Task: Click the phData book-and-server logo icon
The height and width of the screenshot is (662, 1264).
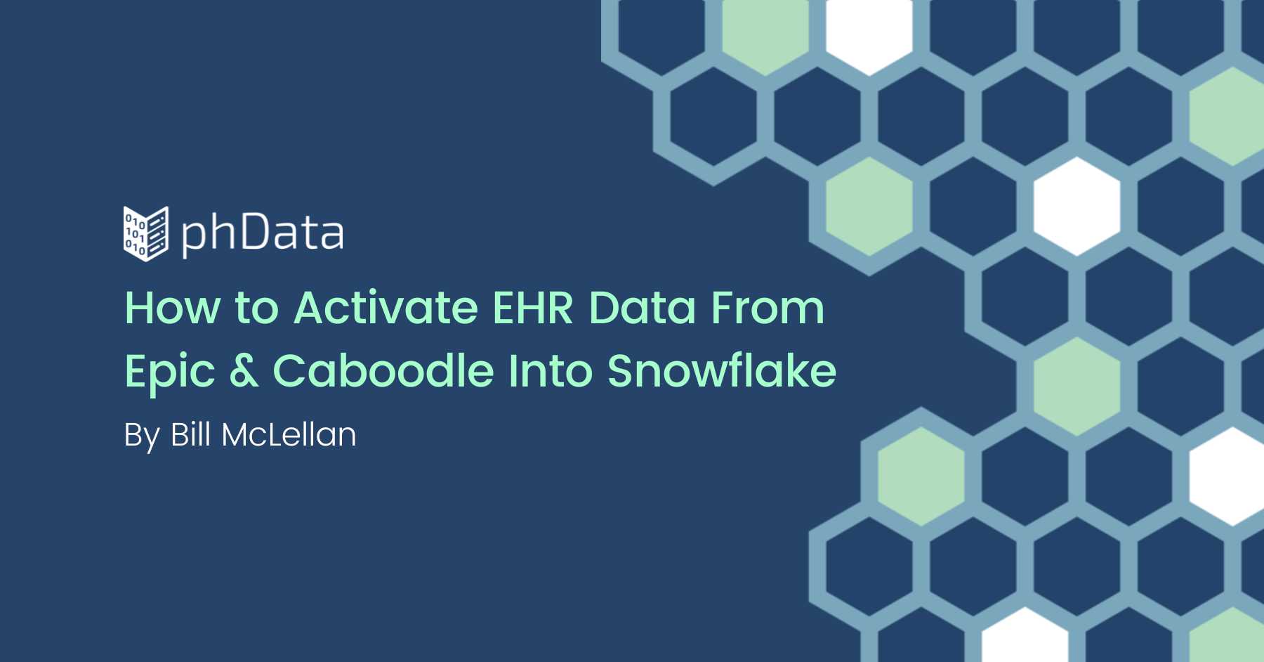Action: click(146, 233)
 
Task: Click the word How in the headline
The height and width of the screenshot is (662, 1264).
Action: click(173, 308)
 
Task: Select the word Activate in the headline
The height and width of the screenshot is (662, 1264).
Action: click(386, 308)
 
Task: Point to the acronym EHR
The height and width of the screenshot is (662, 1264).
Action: click(533, 308)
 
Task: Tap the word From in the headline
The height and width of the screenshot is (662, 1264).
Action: click(768, 308)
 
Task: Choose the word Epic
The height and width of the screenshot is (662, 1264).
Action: click(170, 372)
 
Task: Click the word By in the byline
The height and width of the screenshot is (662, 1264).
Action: click(142, 436)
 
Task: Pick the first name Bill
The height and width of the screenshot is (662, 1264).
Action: click(190, 434)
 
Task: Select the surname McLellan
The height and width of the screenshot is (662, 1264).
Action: click(289, 434)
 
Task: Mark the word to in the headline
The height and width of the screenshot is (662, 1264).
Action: click(257, 309)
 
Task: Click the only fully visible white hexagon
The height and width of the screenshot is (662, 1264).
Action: click(1077, 206)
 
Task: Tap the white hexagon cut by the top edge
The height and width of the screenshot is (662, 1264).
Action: click(869, 32)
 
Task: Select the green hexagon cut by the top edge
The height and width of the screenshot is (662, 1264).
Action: click(765, 32)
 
